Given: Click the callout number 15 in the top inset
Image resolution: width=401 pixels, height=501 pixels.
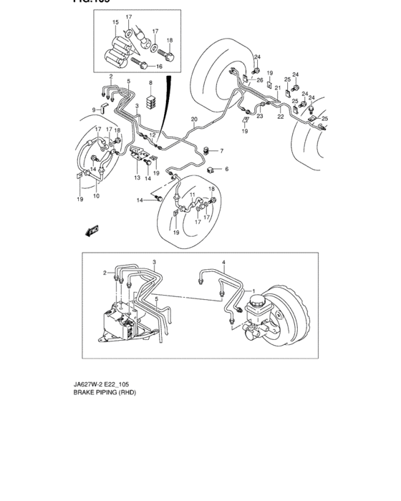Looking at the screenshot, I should click(x=115, y=23).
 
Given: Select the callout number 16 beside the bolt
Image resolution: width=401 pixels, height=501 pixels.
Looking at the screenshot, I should click(x=160, y=66).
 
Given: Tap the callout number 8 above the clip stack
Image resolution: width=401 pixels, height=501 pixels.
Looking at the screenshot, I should click(x=151, y=84).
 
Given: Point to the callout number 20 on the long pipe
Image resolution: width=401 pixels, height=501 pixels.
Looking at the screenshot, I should click(x=194, y=119).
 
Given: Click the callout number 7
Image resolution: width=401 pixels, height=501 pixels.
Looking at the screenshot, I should click(x=221, y=151).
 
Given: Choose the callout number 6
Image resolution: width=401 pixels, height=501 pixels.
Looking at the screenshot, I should click(x=226, y=169).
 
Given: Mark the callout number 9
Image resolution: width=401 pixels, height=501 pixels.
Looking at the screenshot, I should click(x=94, y=110).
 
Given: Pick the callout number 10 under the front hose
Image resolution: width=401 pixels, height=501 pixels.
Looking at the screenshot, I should click(x=96, y=195).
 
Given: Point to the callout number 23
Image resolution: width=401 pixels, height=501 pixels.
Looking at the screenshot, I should click(x=260, y=116).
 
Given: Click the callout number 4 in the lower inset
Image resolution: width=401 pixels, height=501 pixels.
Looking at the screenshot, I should click(x=223, y=263).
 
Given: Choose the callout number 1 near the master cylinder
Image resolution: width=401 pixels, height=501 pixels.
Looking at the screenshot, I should click(x=253, y=291).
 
